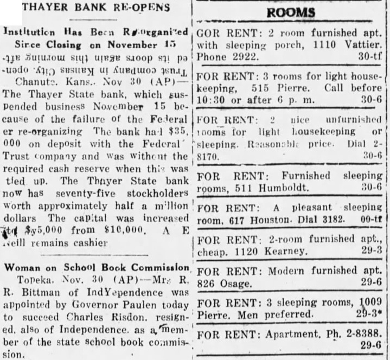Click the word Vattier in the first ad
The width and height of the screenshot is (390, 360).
tap(364, 43)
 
